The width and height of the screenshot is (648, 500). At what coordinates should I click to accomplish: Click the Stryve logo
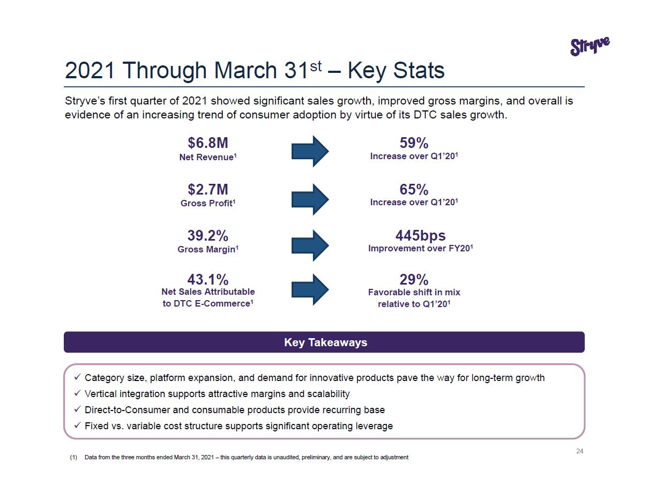pyautogui.click(x=590, y=46)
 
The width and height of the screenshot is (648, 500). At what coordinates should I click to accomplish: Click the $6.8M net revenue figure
pyautogui.click(x=207, y=143)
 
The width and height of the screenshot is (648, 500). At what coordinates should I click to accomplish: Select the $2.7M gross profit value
pyautogui.click(x=207, y=189)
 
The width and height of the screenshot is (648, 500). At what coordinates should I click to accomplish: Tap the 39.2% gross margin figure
pyautogui.click(x=207, y=236)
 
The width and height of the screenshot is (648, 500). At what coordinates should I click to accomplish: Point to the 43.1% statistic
pyautogui.click(x=207, y=280)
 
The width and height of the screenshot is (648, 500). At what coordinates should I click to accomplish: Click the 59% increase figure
pyautogui.click(x=414, y=143)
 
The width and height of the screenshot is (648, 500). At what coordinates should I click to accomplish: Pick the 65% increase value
pyautogui.click(x=414, y=190)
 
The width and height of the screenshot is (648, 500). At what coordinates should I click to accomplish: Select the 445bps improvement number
pyautogui.click(x=420, y=236)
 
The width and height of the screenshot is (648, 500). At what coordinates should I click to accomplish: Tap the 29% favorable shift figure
pyautogui.click(x=414, y=280)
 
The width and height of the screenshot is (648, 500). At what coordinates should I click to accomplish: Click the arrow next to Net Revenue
pyautogui.click(x=310, y=151)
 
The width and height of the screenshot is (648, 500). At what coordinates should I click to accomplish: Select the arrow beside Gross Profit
pyautogui.click(x=310, y=199)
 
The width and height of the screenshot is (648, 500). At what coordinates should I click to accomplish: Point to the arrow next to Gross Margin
pyautogui.click(x=310, y=245)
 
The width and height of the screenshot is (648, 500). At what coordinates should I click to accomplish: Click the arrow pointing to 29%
pyautogui.click(x=310, y=289)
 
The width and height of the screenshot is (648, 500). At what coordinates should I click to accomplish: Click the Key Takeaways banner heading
pyautogui.click(x=325, y=342)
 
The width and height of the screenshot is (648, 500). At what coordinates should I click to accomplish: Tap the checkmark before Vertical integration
pyautogui.click(x=77, y=394)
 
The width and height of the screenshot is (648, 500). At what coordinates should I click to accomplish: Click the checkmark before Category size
pyautogui.click(x=77, y=378)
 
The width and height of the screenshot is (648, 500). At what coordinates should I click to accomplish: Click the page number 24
pyautogui.click(x=579, y=451)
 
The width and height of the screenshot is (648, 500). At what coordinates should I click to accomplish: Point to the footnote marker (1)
pyautogui.click(x=73, y=458)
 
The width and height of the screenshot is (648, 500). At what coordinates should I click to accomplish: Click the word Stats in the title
pyautogui.click(x=420, y=71)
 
